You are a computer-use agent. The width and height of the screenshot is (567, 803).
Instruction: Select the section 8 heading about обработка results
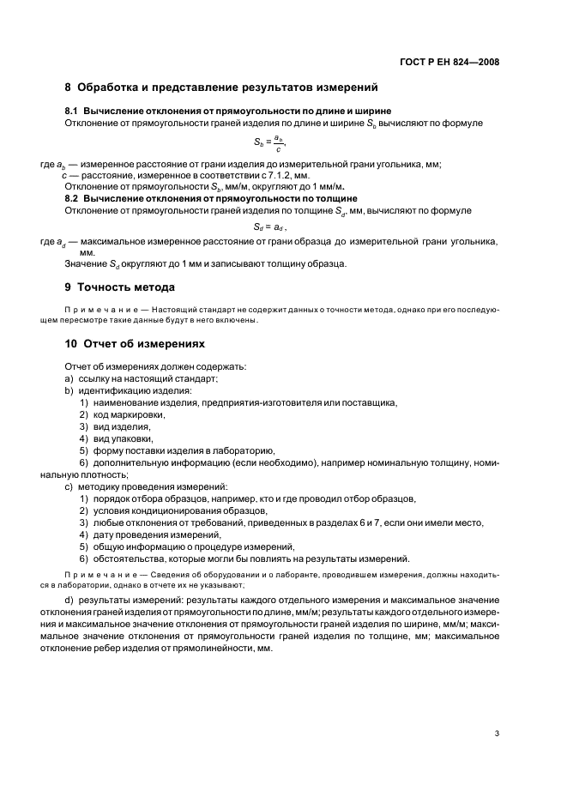pos(221,87)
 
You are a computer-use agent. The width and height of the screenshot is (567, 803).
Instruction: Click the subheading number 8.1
pos(73,112)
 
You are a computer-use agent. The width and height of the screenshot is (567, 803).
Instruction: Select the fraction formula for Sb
pos(270,142)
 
